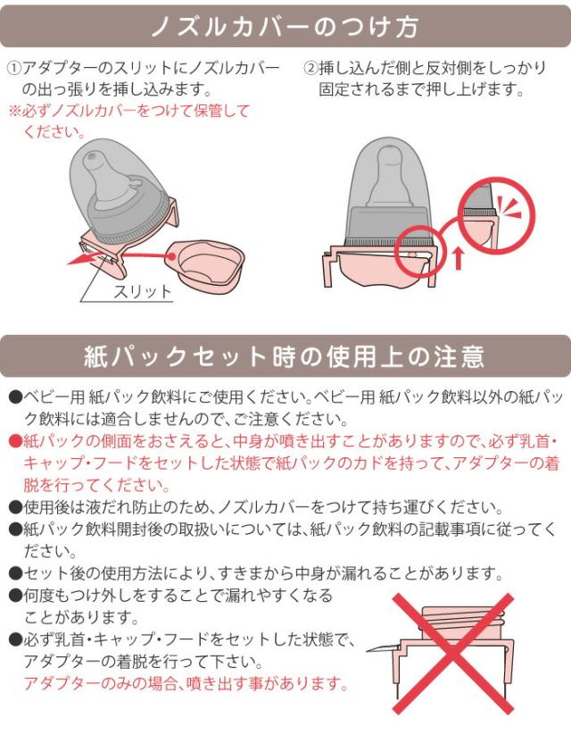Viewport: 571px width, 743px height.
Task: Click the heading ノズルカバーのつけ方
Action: pos(285,25)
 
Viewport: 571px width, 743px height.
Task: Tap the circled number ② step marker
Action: pos(310,69)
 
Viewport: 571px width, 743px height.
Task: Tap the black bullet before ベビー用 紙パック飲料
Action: pos(14,396)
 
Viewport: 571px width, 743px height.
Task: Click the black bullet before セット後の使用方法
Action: pos(14,573)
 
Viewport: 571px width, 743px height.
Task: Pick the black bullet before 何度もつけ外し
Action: pos(14,596)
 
